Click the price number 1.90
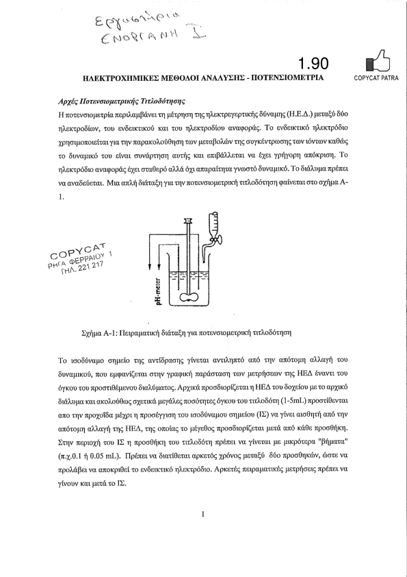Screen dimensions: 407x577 (x=313, y=63)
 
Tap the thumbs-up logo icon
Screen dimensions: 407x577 (x=378, y=61)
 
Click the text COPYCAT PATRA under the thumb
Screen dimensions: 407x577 (x=376, y=78)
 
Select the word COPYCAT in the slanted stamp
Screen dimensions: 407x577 (x=78, y=251)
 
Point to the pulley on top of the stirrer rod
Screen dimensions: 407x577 (x=188, y=221)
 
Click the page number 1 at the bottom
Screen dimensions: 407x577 (x=202, y=514)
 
